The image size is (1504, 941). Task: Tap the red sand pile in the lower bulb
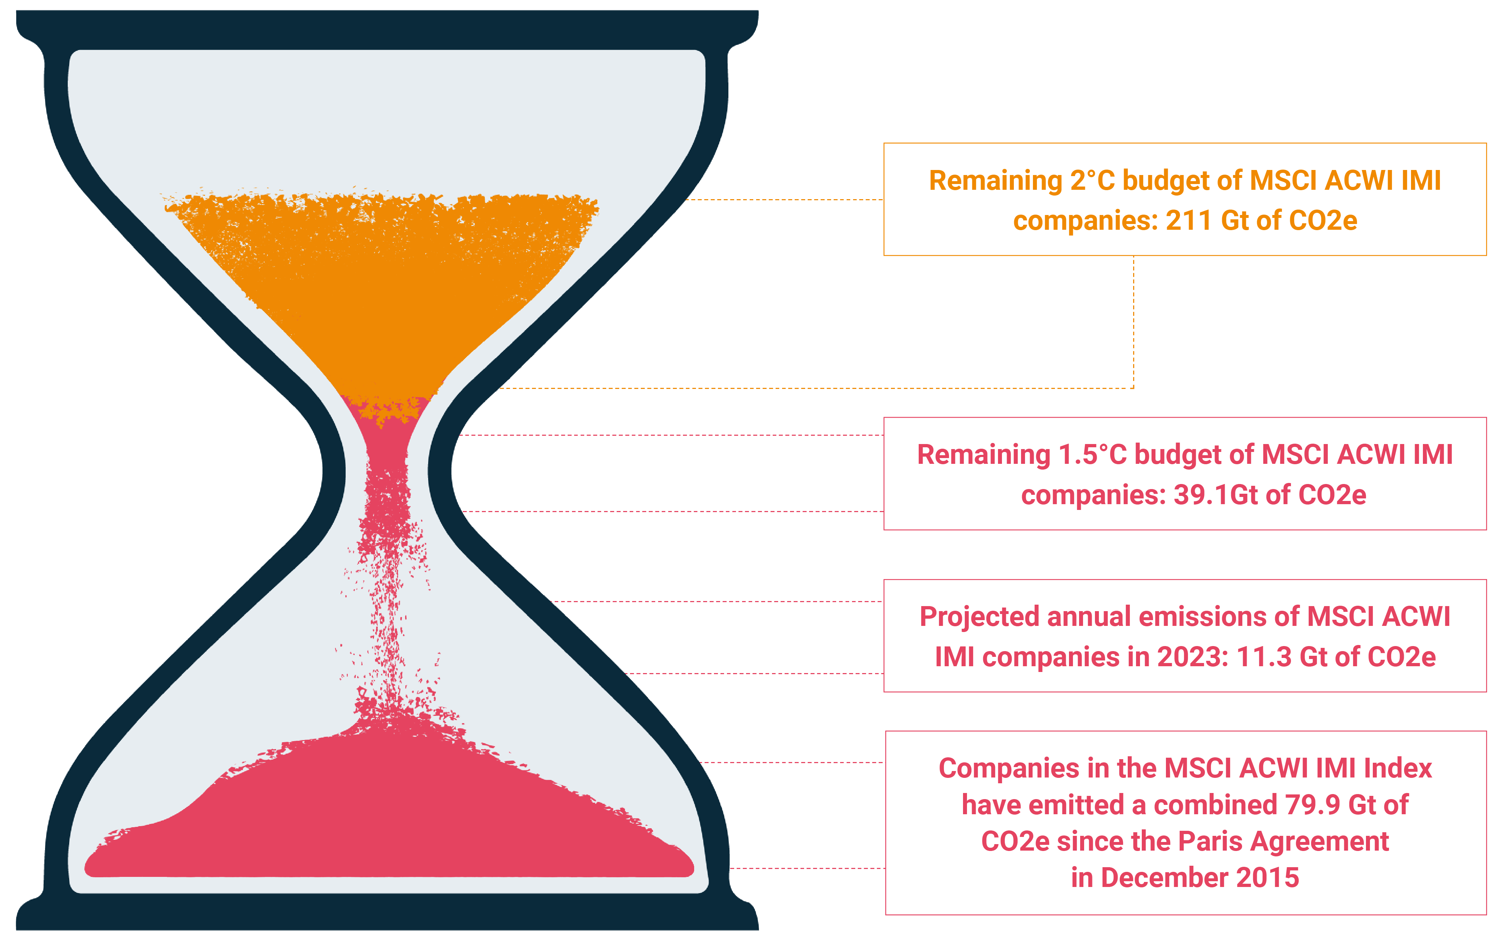tap(389, 809)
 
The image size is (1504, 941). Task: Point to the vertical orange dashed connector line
tap(1133, 322)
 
